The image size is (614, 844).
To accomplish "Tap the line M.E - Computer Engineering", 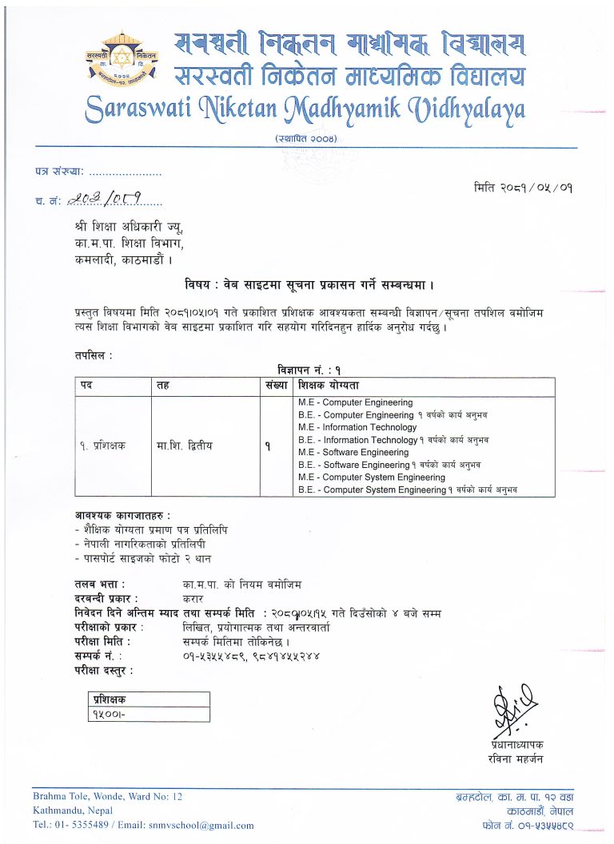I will coord(355,402).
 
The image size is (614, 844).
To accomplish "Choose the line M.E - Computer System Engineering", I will coord(371,477).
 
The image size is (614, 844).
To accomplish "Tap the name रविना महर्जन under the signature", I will coord(515,759).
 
